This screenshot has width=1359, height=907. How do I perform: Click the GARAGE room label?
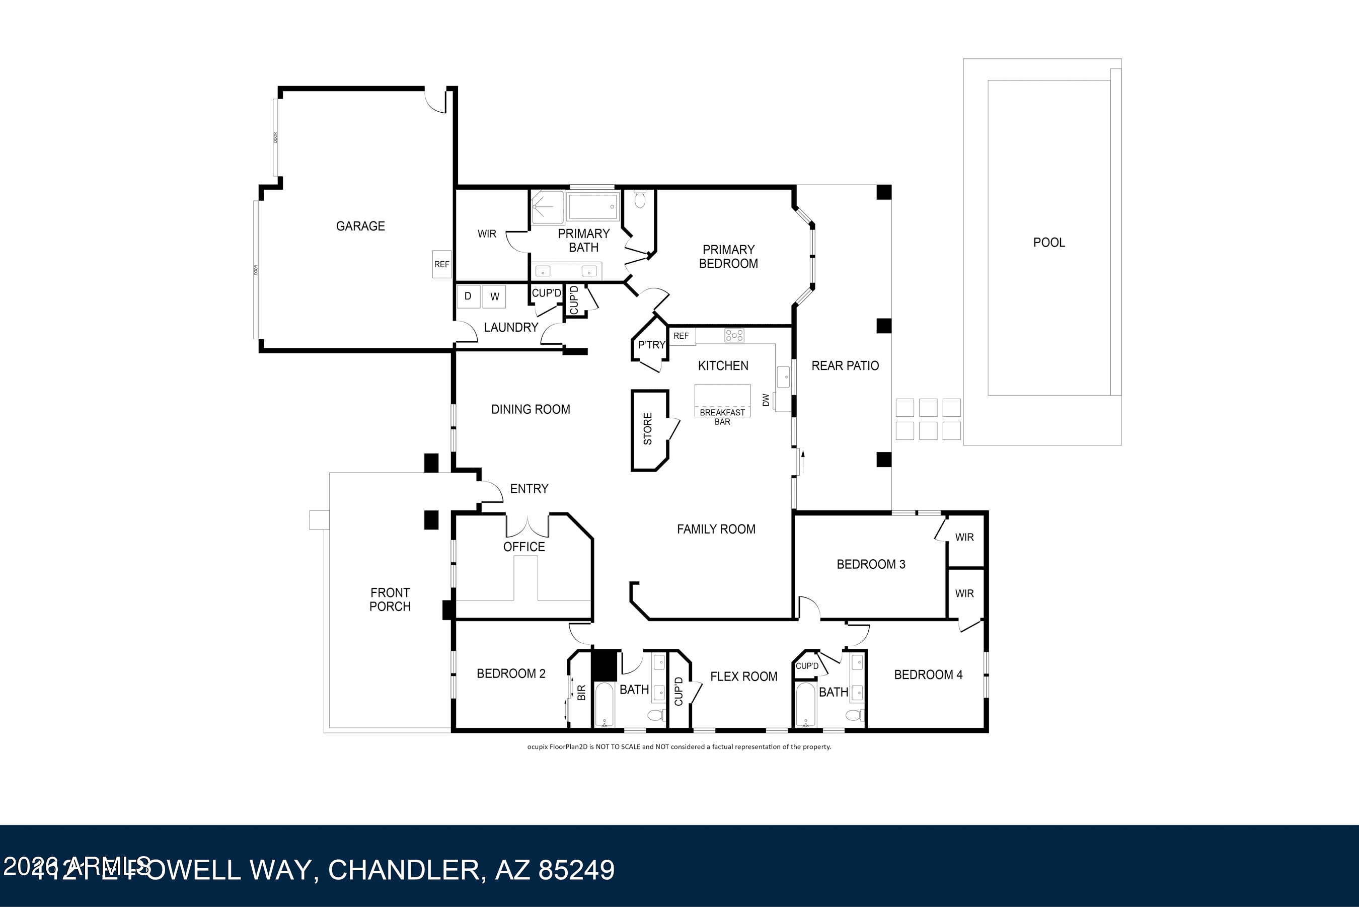pos(360,226)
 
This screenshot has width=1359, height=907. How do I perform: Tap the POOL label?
pos(1048,243)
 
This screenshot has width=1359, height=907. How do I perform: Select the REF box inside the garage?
pos(442,264)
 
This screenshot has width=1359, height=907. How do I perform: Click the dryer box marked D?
pos(468,296)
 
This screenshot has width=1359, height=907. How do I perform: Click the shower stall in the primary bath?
pos(547,207)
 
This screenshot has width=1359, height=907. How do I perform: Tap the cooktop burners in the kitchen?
pos(734,335)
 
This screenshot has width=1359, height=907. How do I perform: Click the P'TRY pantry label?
pos(652,345)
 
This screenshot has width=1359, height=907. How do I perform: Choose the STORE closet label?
pos(648,429)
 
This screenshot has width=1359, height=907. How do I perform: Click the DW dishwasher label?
pos(766,400)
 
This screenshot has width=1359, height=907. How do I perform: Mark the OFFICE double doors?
pos(527,526)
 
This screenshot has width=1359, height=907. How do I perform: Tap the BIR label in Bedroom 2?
pos(582,693)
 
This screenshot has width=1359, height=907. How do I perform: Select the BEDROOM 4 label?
pos(928,674)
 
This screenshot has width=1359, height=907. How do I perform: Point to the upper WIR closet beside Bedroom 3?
pos(964,538)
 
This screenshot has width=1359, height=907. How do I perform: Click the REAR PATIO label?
pos(845,365)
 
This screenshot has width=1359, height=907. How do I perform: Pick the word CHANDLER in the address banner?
pos(403,870)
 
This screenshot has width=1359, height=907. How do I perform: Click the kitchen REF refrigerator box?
pos(681,336)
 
